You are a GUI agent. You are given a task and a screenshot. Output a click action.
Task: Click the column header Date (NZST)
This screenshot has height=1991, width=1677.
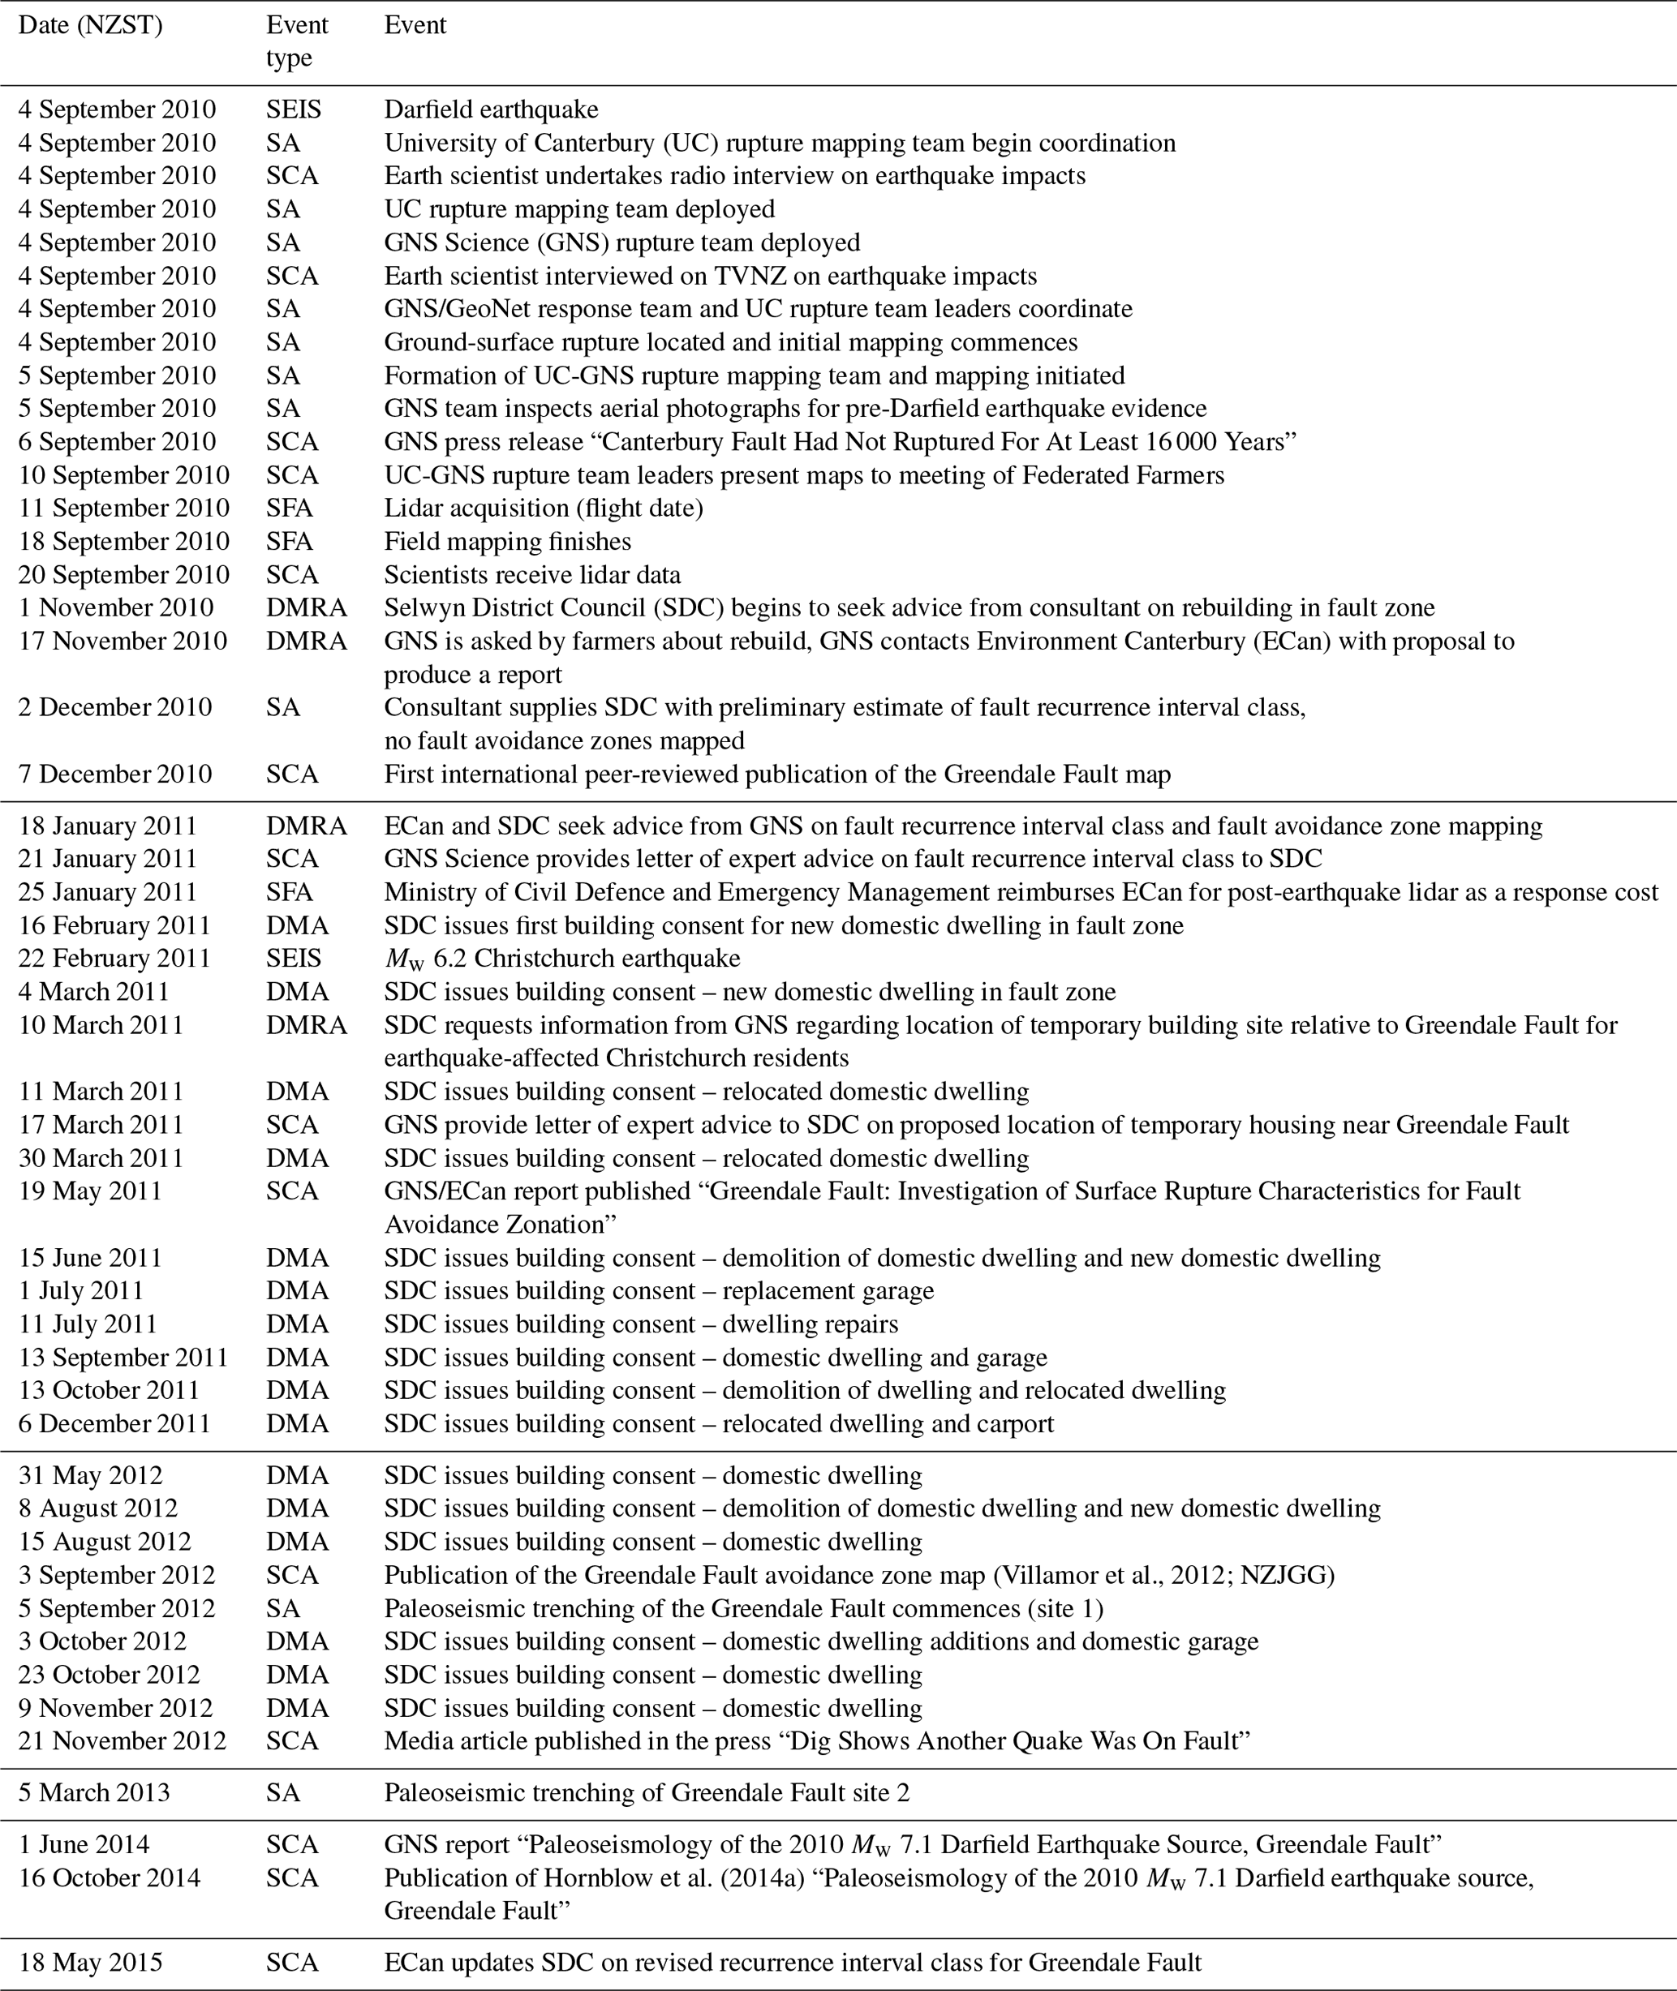[x=90, y=26]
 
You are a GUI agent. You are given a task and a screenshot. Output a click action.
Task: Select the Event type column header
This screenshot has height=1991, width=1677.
[x=297, y=41]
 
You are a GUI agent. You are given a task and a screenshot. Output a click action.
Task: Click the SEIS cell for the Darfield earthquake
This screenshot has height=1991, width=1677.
[x=294, y=109]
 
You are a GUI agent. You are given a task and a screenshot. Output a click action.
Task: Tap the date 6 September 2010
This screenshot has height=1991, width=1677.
[x=117, y=442]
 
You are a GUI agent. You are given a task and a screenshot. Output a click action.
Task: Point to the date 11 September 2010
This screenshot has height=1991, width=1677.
[x=123, y=508]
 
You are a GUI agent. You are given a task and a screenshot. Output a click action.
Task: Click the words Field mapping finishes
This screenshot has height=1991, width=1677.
[x=508, y=542]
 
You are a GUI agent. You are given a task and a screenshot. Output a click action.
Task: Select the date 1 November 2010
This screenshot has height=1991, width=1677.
[x=116, y=608]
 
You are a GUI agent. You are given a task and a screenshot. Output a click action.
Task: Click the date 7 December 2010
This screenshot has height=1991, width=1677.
[x=115, y=775]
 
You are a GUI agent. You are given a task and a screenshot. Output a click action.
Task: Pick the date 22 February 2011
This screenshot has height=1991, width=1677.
[x=114, y=959]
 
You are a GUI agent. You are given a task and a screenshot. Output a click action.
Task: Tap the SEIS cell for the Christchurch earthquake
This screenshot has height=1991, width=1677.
[x=294, y=959]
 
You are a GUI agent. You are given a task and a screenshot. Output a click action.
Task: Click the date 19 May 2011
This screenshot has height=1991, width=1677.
[x=90, y=1191]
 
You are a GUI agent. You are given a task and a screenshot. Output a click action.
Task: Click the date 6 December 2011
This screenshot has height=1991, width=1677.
[x=114, y=1423]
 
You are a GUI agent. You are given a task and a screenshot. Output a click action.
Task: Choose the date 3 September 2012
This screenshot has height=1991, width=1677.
[x=117, y=1576]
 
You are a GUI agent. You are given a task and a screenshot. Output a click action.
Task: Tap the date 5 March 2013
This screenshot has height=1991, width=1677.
[x=94, y=1793]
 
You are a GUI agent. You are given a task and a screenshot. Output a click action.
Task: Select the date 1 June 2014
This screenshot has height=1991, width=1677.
[x=84, y=1846]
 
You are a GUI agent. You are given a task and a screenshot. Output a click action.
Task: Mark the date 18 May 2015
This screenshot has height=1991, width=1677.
[x=90, y=1963]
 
